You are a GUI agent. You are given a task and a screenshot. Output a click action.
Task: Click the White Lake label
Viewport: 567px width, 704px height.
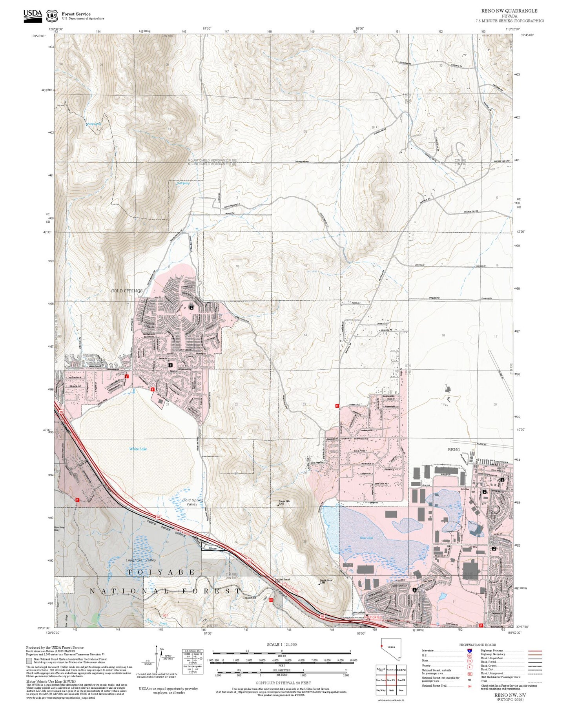[138, 449]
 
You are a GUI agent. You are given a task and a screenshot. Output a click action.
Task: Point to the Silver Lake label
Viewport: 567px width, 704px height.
[366, 538]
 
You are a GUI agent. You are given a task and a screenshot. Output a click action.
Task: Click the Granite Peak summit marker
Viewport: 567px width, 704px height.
[318, 584]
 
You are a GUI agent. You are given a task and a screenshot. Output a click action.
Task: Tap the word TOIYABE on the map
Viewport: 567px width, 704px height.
[160, 573]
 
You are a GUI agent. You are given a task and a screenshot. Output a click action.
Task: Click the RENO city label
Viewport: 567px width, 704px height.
[454, 450]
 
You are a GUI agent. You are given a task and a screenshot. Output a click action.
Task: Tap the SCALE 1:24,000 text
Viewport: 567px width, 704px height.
[282, 644]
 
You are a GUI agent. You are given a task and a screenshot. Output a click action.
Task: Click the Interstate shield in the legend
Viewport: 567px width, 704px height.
[469, 650]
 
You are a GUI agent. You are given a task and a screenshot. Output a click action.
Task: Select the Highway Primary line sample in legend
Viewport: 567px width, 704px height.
[535, 651]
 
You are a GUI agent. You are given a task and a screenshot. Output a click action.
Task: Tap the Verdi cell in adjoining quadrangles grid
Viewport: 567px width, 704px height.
[391, 690]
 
